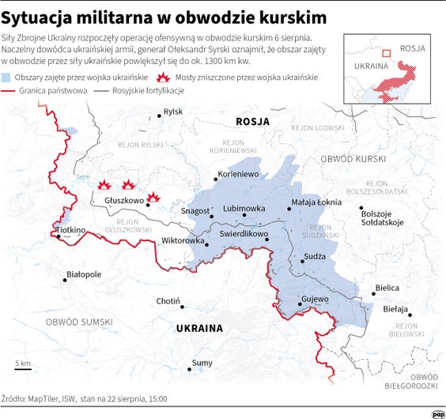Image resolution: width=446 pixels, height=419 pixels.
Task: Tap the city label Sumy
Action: pos(202,363)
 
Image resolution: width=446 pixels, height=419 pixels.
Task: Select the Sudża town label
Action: pos(315,257)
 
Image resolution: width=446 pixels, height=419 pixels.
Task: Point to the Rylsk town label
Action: pos(172,112)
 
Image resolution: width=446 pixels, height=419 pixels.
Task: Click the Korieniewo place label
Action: pos(238,173)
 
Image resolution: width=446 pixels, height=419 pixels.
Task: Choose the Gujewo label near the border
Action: pos(314,300)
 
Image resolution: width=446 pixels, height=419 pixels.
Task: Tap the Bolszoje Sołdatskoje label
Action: pos(382,217)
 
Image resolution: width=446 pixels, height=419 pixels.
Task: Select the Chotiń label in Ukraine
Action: pos(168,301)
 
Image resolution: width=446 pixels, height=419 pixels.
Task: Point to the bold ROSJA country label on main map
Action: pos(253,122)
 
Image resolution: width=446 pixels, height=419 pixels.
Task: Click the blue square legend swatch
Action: pos(7,77)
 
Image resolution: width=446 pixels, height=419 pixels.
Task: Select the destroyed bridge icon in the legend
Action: pos(165,77)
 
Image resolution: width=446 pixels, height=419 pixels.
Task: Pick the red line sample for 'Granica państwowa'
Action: pos(9,92)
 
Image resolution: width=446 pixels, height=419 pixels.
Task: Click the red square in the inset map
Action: pos(387,54)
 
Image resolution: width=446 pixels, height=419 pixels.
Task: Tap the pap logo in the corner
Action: pos(437,413)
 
